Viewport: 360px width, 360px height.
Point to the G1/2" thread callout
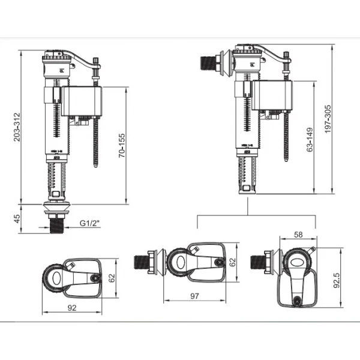tap(90, 224)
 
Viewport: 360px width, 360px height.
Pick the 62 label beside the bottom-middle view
tap(233, 262)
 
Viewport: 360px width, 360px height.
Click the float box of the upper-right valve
tap(272, 97)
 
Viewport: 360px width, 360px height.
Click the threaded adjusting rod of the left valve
tap(95, 144)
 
